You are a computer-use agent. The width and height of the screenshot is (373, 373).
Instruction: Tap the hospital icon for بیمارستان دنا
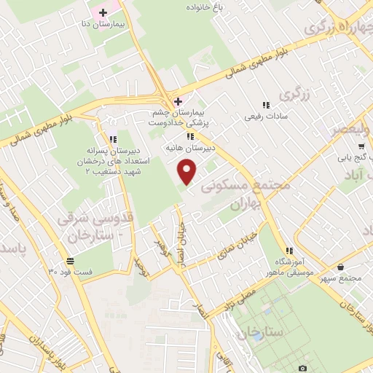pos(103,13)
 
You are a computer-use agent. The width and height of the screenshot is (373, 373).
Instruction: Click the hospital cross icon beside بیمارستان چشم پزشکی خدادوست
pos(178,101)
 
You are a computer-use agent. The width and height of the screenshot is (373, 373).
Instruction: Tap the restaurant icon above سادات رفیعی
pos(267,105)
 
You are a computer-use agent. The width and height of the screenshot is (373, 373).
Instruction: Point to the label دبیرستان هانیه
pos(189,147)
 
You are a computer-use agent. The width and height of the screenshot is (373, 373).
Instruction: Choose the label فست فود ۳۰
pos(71,272)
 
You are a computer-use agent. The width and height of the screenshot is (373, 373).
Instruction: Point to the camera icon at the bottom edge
pos(302,369)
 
